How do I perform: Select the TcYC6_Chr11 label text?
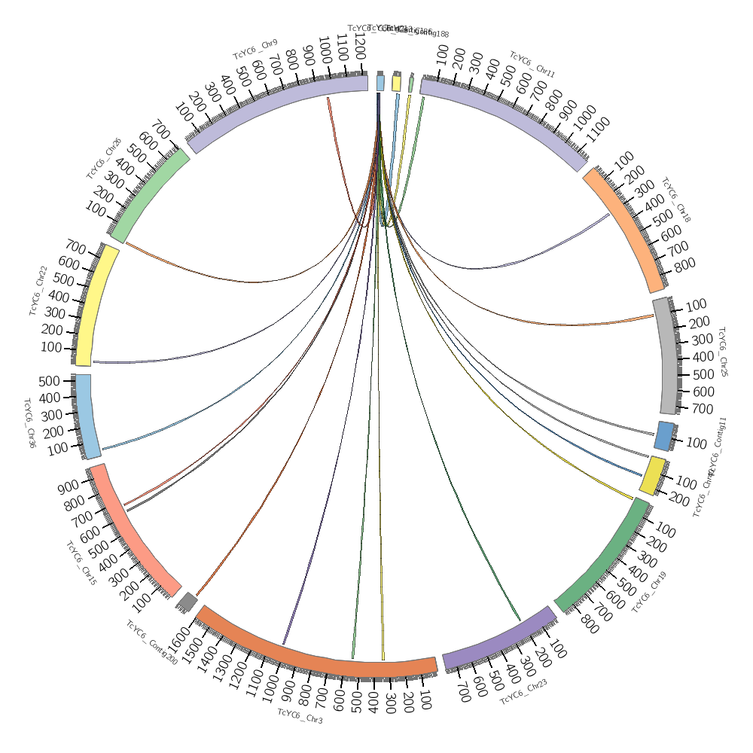(532, 65)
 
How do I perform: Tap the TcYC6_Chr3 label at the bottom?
(300, 716)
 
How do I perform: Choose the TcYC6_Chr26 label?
(104, 158)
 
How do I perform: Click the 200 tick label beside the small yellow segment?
(680, 498)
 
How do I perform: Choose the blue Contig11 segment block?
(664, 436)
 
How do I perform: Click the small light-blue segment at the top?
(381, 82)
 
